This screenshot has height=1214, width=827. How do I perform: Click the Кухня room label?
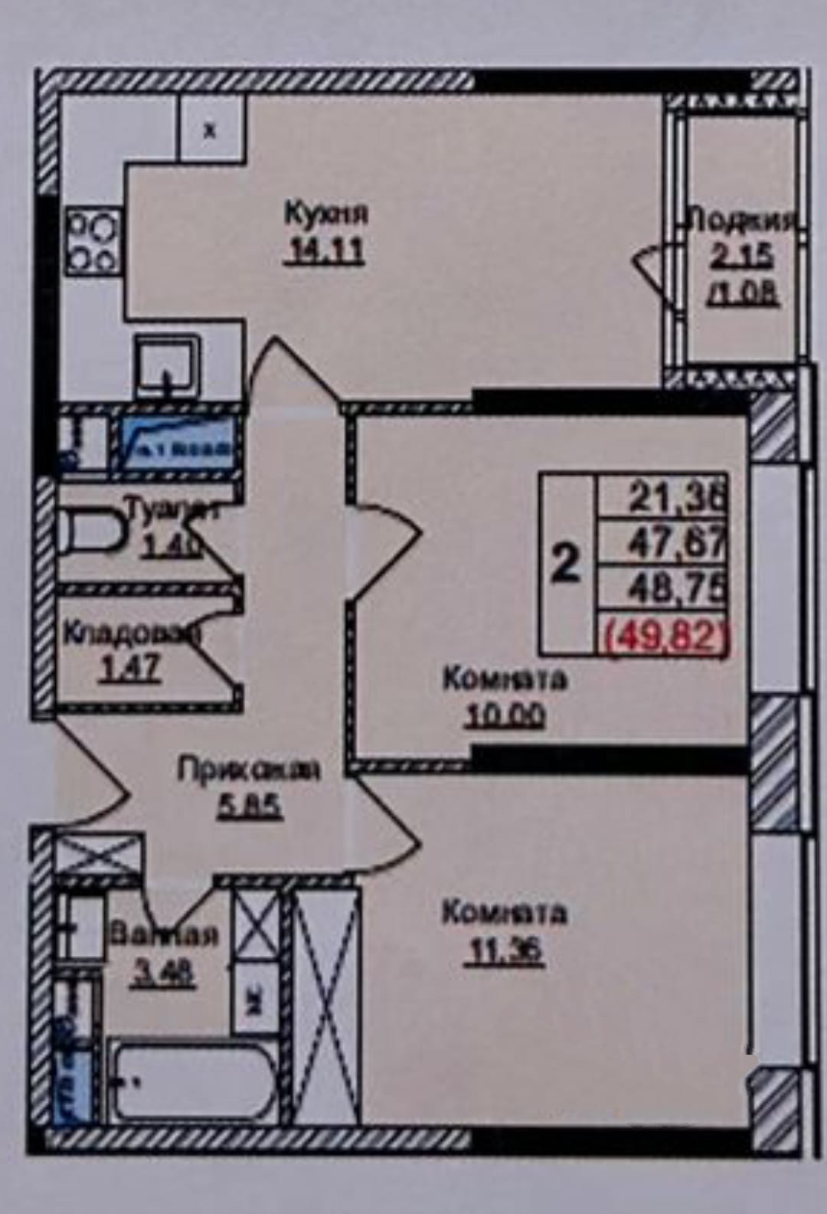pos(325,212)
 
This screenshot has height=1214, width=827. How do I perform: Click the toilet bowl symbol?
pos(87,529)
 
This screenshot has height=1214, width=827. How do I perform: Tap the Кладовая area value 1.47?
pos(130,669)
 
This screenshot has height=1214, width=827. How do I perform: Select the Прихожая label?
pos(248,769)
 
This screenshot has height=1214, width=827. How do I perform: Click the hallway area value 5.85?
pos(250,806)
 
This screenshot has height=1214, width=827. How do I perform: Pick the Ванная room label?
pos(164,934)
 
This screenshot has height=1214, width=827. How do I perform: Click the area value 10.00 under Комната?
pos(505,715)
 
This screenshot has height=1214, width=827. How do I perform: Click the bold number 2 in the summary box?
pos(566,564)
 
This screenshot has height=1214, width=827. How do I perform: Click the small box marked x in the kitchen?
pos(211,130)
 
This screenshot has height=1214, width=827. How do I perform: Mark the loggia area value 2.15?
pos(741,257)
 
